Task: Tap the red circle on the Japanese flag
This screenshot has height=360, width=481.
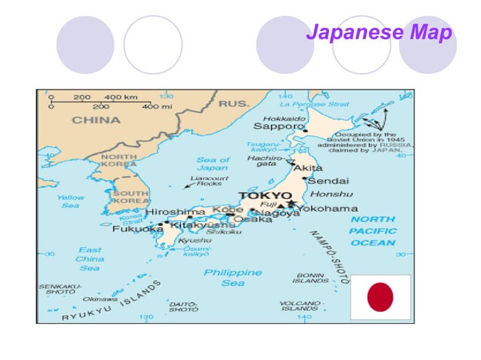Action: tap(380, 297)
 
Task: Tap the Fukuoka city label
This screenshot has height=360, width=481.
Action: tap(137, 229)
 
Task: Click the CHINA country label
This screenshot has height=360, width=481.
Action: tap(96, 120)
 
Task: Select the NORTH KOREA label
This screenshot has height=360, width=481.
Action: tap(118, 160)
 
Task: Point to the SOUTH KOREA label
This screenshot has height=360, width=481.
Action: tap(130, 197)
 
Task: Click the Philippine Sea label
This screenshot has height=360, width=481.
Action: tap(233, 277)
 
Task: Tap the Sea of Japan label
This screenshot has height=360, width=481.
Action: tap(213, 164)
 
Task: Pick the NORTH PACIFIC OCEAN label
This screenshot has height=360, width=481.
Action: tap(372, 230)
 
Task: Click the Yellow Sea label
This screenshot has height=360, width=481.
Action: tap(70, 201)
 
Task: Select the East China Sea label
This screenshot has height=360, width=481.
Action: tap(89, 258)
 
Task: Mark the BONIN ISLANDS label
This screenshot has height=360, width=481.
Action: tap(311, 279)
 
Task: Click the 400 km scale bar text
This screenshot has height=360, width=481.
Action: tap(120, 97)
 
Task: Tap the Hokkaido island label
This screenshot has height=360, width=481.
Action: tap(284, 118)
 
